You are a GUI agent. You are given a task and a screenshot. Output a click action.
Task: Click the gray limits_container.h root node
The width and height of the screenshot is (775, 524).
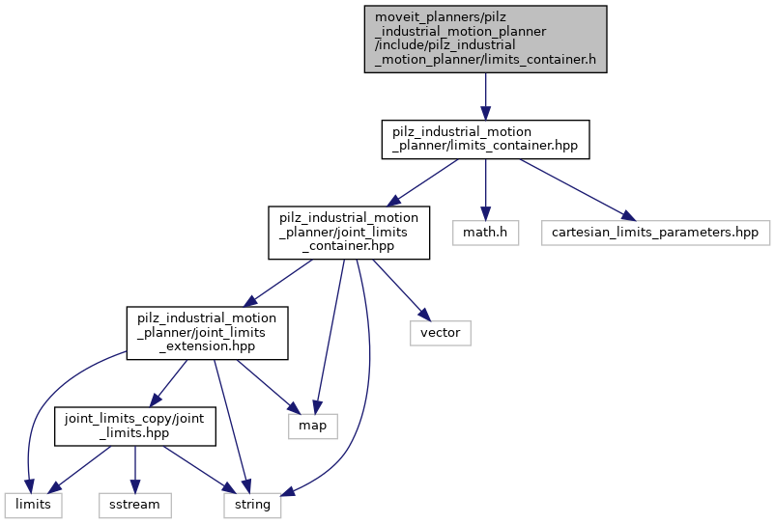[x=485, y=40]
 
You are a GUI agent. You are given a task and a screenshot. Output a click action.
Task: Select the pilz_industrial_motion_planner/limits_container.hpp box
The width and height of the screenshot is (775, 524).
[x=485, y=140]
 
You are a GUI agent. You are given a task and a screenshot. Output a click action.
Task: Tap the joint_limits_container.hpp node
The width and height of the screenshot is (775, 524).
[x=349, y=232]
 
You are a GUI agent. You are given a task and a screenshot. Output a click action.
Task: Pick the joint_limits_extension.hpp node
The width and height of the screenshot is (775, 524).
[x=207, y=332]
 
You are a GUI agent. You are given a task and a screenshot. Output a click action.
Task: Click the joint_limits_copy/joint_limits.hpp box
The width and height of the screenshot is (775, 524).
[x=134, y=426]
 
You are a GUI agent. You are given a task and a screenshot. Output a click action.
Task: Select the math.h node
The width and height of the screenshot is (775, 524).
[x=485, y=232]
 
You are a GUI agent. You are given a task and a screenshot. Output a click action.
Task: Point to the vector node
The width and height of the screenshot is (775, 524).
[x=441, y=332]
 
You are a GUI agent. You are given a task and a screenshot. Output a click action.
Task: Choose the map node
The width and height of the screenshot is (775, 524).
[x=313, y=426]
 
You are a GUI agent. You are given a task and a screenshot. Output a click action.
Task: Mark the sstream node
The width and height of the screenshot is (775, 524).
[x=134, y=503]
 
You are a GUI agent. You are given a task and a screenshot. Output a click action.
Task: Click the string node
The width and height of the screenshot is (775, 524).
[x=253, y=503]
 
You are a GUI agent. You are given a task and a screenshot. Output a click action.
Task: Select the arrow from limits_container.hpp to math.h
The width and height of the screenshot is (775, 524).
[x=485, y=188]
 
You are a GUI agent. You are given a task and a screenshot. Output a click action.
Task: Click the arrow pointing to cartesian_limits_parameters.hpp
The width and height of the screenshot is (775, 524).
[x=575, y=188]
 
